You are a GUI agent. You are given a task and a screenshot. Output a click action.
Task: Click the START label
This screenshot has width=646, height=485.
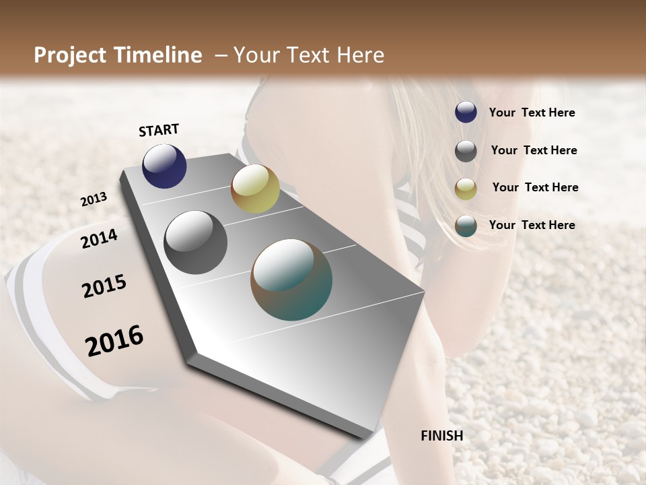(159, 130)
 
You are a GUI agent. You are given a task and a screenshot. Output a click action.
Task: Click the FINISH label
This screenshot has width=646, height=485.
(442, 436)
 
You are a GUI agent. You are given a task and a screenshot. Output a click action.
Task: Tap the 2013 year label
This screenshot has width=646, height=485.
(94, 199)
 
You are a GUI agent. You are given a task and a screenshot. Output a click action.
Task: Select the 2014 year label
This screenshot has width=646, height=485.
(99, 238)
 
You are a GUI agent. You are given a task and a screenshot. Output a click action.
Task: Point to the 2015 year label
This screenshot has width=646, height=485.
(104, 286)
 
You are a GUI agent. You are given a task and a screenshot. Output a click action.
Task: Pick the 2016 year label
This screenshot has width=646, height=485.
(114, 340)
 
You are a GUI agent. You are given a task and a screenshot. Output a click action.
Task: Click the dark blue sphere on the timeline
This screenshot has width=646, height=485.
(164, 166)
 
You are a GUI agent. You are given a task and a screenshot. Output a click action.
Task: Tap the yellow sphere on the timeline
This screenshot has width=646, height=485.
(255, 189)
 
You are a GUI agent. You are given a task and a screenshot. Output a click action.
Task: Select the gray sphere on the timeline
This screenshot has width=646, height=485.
(196, 243)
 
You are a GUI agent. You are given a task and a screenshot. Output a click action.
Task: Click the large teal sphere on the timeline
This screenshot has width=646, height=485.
(291, 280)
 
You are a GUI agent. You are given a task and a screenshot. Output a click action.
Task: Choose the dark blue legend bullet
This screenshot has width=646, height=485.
(466, 112)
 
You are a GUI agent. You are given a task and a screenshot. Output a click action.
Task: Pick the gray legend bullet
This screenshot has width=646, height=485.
(466, 151)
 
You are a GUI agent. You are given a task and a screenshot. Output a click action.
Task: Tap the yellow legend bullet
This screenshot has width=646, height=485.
(466, 189)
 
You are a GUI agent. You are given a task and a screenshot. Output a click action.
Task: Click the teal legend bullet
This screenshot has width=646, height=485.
(466, 226)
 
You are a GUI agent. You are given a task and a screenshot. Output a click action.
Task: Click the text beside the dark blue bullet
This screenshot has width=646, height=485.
(532, 113)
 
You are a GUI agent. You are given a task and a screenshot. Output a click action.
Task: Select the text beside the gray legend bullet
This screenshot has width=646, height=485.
(534, 150)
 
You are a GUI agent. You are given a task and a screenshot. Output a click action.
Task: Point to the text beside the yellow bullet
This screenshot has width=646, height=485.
(536, 187)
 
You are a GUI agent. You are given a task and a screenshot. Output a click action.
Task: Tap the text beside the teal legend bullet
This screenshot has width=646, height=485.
(532, 225)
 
